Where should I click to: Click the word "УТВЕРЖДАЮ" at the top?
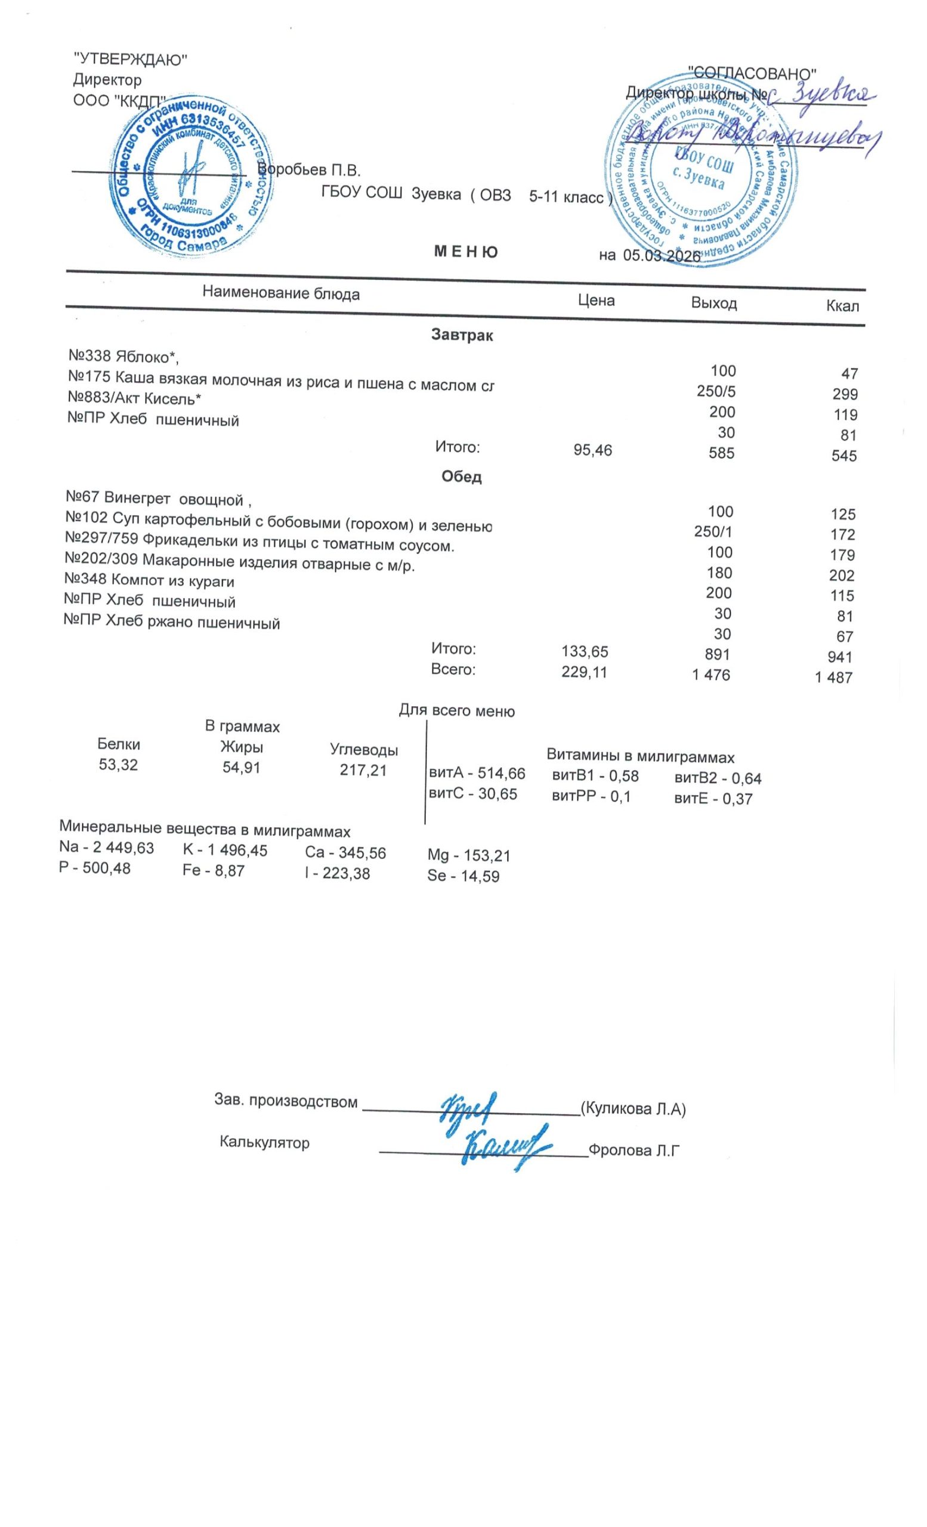click(x=130, y=60)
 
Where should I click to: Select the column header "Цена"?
click(x=595, y=301)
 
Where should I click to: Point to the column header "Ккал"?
click(x=842, y=306)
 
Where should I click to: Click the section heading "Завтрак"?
click(x=462, y=336)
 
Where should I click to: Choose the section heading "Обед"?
click(x=461, y=477)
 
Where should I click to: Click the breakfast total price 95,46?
click(x=592, y=450)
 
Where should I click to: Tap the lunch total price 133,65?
click(x=585, y=651)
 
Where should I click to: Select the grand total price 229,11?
click(x=584, y=672)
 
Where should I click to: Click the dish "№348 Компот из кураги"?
click(x=149, y=581)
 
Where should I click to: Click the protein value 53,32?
click(x=118, y=765)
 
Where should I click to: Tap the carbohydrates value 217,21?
click(x=363, y=770)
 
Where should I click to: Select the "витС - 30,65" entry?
click(x=473, y=794)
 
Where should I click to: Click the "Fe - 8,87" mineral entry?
click(x=213, y=871)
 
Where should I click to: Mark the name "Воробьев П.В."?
click(x=308, y=170)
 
